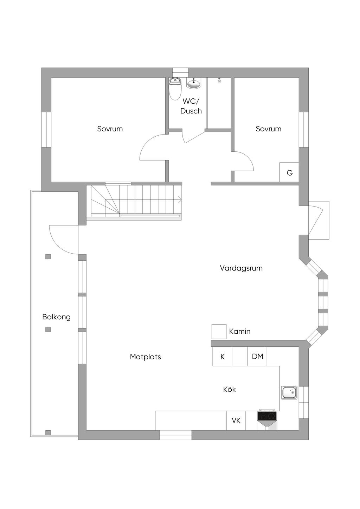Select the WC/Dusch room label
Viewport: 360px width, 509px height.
pos(191,106)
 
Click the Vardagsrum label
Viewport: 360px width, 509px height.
pos(241,268)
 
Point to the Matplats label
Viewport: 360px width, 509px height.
pos(145,357)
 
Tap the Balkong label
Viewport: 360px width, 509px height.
pos(56,317)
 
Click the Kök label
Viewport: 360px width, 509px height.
pos(229,390)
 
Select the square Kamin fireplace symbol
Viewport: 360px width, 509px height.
pos(219,332)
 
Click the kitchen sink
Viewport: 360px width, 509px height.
pos(289,392)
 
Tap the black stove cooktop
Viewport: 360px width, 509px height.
pos(267,416)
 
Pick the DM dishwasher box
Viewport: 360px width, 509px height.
pos(257,356)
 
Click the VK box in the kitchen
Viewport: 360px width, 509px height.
pos(236,420)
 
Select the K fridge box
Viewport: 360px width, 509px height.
pos(223,356)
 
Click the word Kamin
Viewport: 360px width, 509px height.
pos(240,332)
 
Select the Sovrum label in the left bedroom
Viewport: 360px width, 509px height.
pos(110,129)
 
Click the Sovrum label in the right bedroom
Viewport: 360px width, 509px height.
pos(268,129)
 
